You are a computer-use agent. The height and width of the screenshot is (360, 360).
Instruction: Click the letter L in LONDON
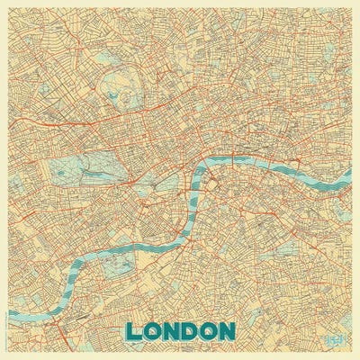point(135,331)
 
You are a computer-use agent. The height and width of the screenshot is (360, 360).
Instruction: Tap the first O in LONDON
point(154,331)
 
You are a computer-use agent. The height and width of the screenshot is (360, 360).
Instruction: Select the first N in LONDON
point(173,331)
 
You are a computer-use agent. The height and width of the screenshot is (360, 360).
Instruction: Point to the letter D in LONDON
point(192,331)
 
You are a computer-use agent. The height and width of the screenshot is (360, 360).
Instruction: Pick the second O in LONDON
point(211,331)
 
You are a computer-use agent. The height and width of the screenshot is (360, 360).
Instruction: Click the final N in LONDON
point(229,331)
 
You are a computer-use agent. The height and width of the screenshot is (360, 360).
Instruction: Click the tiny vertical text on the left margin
point(4,324)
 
